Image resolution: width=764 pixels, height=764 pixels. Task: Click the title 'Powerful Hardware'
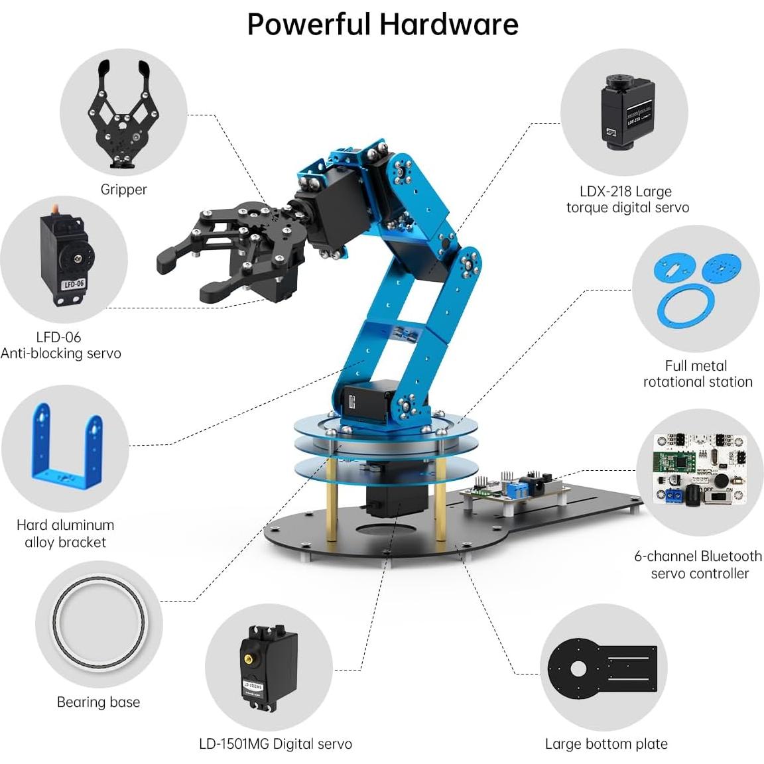[x=382, y=25]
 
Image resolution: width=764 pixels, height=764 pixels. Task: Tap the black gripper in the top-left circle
[x=123, y=116]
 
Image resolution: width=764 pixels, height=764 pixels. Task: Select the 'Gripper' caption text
[x=123, y=190]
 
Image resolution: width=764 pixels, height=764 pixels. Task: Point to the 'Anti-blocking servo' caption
[x=61, y=353]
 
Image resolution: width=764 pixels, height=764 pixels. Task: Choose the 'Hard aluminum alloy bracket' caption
[x=65, y=533]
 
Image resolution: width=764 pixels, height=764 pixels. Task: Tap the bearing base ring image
[x=98, y=623]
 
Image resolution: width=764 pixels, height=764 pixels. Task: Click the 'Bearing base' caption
[x=98, y=702]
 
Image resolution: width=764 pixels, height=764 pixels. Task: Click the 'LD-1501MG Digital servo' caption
[x=275, y=744]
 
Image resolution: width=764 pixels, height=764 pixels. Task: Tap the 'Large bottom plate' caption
[x=606, y=744]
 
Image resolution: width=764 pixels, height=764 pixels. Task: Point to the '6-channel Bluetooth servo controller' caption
[x=698, y=564]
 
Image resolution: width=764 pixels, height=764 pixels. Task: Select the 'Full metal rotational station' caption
[x=696, y=374]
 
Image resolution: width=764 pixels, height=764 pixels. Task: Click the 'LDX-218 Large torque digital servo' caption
[x=627, y=200]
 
